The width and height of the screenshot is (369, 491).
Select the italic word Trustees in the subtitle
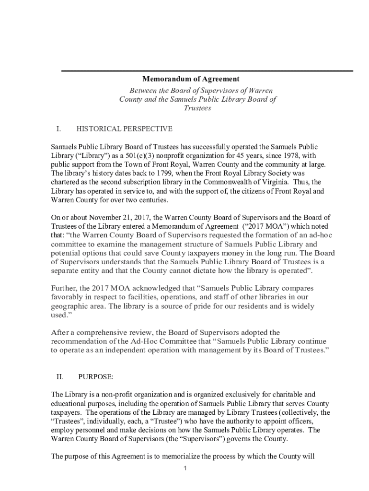click(x=197, y=108)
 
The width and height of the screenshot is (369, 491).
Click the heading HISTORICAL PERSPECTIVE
click(x=124, y=129)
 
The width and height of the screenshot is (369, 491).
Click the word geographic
click(x=70, y=306)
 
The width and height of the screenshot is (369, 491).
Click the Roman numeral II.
click(x=59, y=377)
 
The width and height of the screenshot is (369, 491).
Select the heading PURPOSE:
click(x=95, y=377)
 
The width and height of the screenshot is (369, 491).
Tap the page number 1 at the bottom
click(x=184, y=468)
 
